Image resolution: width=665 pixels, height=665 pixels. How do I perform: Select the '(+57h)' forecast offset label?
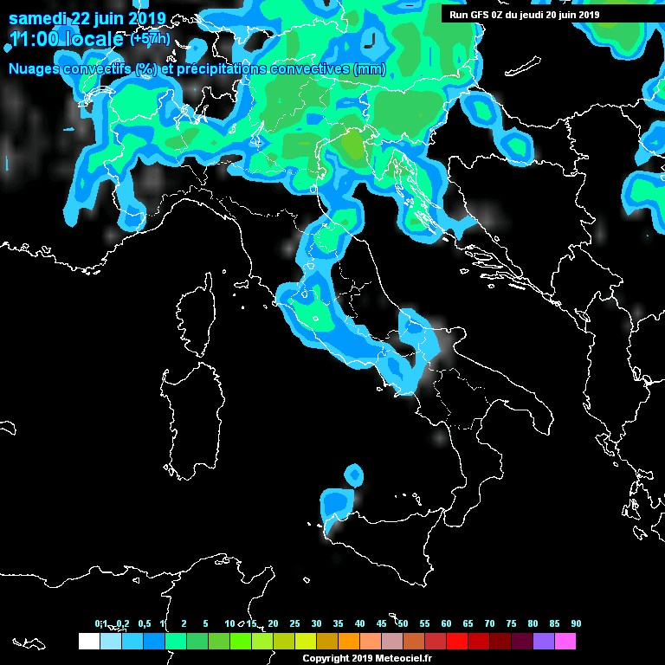point(149,39)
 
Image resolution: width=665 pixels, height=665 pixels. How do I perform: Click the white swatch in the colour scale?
point(88,642)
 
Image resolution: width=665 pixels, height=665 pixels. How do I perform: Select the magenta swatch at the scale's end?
point(565,642)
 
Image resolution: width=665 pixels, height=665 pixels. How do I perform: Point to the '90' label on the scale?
point(576,624)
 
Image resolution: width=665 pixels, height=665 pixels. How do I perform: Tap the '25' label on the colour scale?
point(294,624)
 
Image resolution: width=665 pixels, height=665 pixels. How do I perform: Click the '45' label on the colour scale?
point(381,624)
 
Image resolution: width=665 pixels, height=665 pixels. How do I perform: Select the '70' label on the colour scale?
point(489,624)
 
